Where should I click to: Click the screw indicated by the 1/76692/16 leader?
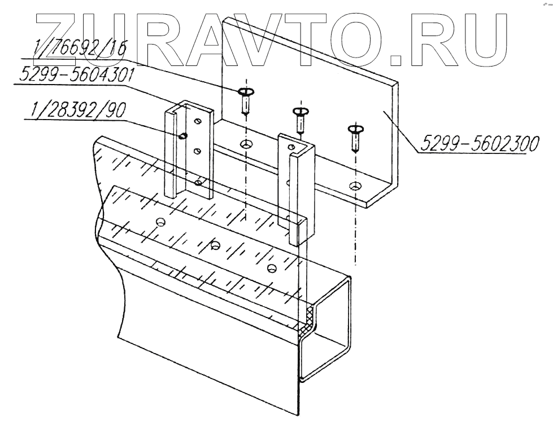click(245, 99)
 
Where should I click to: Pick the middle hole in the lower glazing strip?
click(215, 245)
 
